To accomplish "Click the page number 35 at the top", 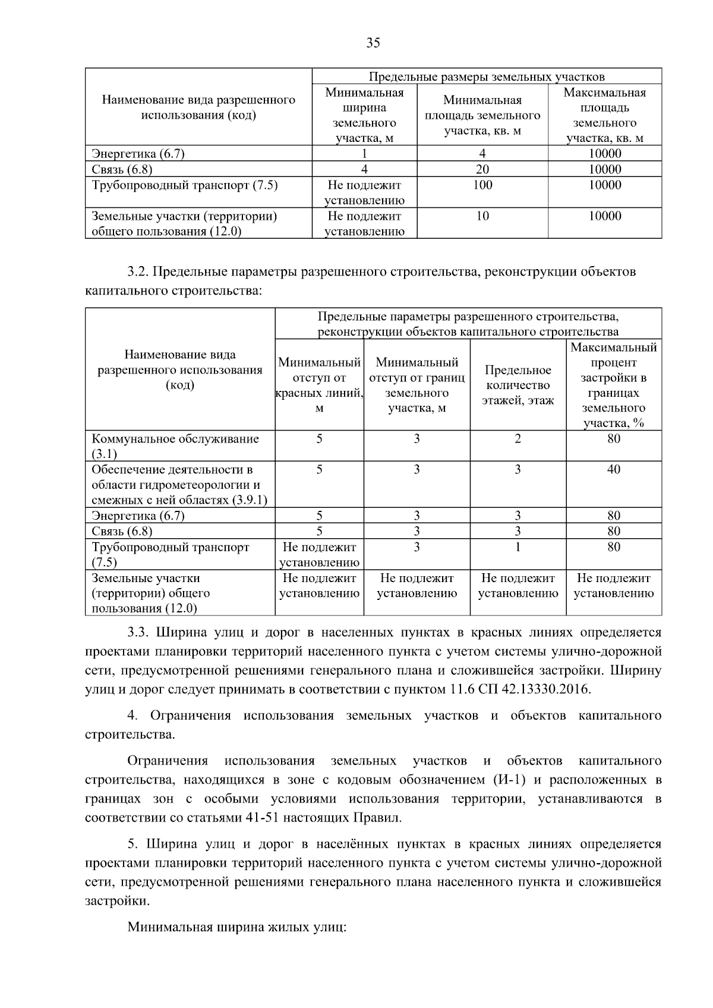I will [373, 43].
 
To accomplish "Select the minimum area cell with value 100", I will [482, 185].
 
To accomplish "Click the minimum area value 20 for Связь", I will [482, 169].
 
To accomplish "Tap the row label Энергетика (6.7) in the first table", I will [138, 154].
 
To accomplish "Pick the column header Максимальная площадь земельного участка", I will [604, 115].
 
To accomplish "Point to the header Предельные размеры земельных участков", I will [487, 77].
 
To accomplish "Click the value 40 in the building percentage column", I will [613, 470].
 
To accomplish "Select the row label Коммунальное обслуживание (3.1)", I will [175, 446].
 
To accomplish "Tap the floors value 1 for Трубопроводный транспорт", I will [518, 547].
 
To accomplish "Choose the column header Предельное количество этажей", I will [518, 385].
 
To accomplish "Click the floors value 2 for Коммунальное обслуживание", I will [518, 439].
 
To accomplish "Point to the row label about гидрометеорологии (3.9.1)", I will [179, 485].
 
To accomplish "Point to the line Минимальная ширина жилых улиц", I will [236, 927].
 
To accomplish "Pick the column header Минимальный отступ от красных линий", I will [320, 385].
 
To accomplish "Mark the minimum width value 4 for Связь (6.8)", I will [364, 169].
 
